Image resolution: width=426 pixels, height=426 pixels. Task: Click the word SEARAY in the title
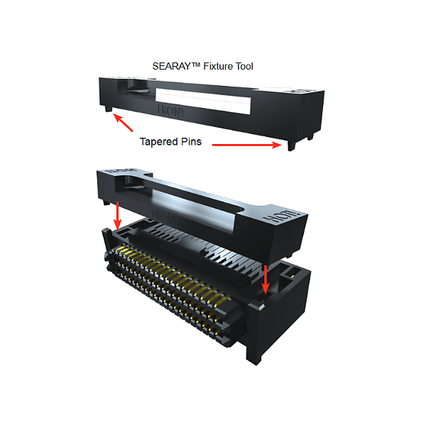click(x=171, y=66)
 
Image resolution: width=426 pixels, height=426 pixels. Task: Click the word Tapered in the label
click(x=159, y=141)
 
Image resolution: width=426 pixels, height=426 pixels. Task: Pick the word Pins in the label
click(x=191, y=141)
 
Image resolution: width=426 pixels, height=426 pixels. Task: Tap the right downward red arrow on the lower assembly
click(x=266, y=279)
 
